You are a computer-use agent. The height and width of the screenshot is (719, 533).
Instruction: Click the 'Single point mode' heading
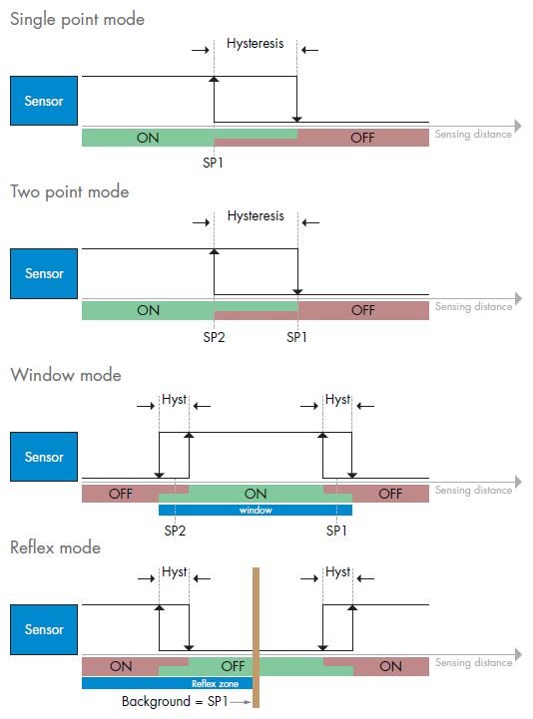[x=77, y=20]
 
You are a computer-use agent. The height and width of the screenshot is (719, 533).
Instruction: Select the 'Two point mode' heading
[x=69, y=192]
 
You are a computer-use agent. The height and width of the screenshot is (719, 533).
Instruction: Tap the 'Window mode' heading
[x=66, y=375]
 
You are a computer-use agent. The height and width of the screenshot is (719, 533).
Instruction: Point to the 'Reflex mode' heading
[x=55, y=547]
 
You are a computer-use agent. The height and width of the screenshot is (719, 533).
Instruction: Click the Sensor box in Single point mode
[x=44, y=101]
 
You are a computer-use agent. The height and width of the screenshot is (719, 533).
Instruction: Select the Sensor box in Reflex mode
[x=44, y=629]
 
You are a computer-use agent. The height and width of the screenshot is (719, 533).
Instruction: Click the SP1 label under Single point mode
[x=213, y=163]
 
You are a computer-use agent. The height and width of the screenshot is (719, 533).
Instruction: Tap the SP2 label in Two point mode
[x=214, y=337]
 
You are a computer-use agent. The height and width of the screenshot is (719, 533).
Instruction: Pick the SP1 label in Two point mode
[x=296, y=337]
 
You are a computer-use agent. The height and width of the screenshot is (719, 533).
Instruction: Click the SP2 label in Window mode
[x=175, y=531]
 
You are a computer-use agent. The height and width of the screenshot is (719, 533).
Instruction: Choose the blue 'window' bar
[x=256, y=510]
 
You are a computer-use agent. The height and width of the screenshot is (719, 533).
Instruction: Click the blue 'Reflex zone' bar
[x=167, y=683]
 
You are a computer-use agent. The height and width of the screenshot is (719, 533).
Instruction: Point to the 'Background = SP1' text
[x=175, y=702]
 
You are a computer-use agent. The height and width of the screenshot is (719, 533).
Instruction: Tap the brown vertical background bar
[x=256, y=637]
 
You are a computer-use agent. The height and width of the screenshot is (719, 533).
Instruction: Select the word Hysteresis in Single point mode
[x=256, y=44]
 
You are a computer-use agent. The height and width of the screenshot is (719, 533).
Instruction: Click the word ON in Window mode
[x=256, y=494]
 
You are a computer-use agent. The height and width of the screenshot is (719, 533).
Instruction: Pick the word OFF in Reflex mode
[x=233, y=666]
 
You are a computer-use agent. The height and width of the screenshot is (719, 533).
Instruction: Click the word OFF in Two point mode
[x=363, y=310]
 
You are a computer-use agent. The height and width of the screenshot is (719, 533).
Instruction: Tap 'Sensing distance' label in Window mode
[x=474, y=491]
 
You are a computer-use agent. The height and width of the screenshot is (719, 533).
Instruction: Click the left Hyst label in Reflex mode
[x=175, y=571]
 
